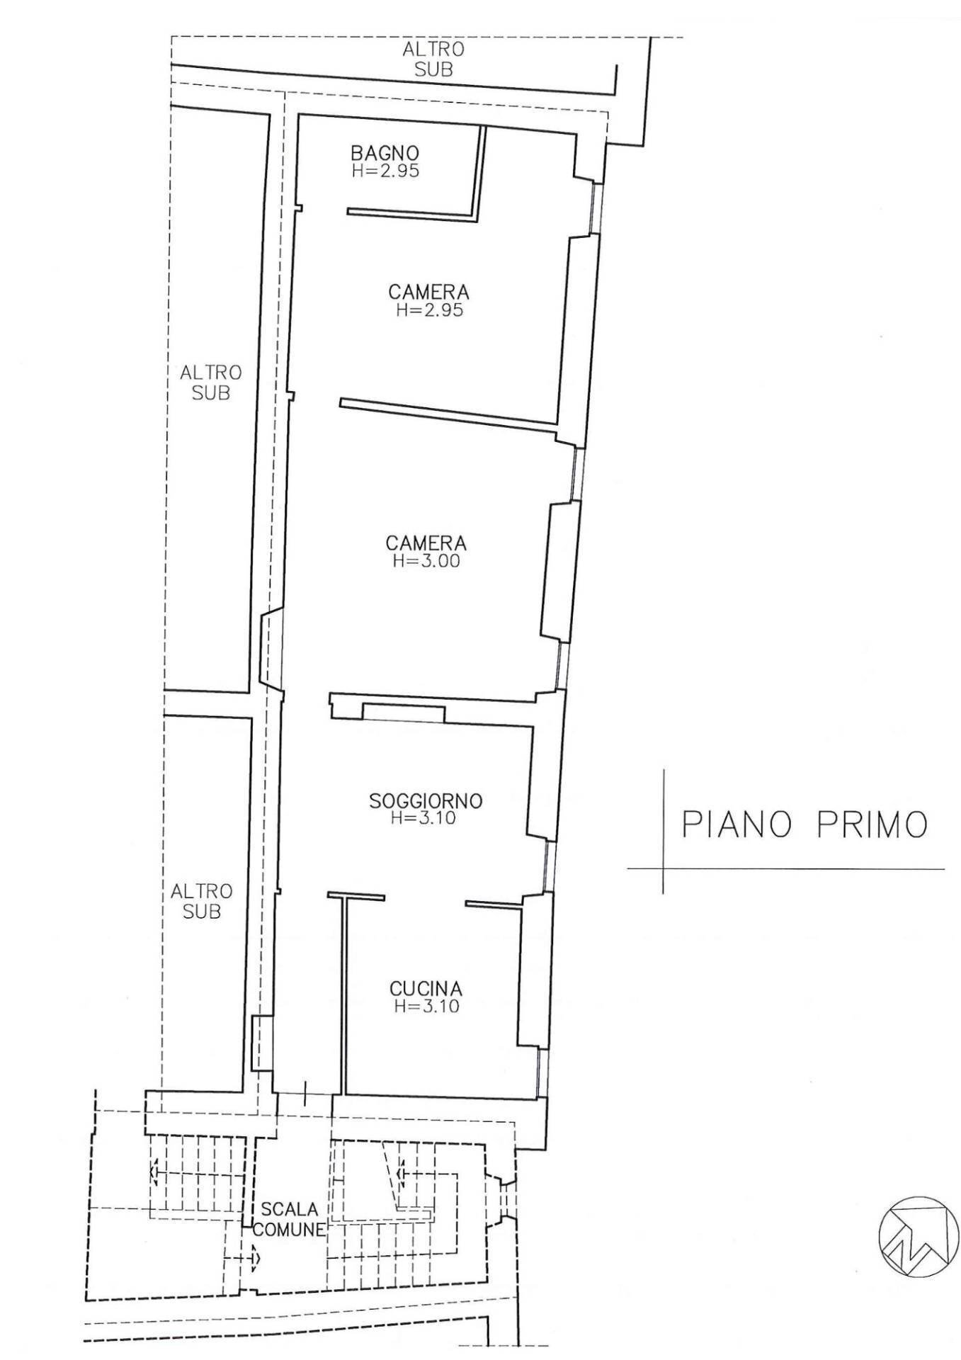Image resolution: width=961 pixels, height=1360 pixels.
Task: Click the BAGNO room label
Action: (385, 152)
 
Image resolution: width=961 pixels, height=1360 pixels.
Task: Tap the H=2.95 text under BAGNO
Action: (385, 170)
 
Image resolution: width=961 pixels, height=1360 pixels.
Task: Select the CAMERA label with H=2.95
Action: (428, 292)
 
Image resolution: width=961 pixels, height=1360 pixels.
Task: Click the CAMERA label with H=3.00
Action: (426, 543)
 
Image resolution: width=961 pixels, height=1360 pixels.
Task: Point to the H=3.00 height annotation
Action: (426, 561)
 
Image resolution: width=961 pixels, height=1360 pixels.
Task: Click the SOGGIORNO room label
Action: (426, 800)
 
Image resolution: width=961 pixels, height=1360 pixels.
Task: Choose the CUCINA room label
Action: (426, 988)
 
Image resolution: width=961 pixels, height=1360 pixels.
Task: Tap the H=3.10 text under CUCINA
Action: (426, 1006)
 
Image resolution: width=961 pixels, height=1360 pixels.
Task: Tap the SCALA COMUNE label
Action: (289, 1219)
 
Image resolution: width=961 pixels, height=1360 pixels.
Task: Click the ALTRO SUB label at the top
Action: (433, 59)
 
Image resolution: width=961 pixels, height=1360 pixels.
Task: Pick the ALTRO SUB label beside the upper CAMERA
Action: (210, 382)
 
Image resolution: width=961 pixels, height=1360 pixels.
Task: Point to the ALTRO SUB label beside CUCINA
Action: (201, 901)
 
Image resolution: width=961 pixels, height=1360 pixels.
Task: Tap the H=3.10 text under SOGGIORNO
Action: (423, 818)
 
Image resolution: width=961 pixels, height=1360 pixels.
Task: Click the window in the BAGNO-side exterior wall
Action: (597, 208)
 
